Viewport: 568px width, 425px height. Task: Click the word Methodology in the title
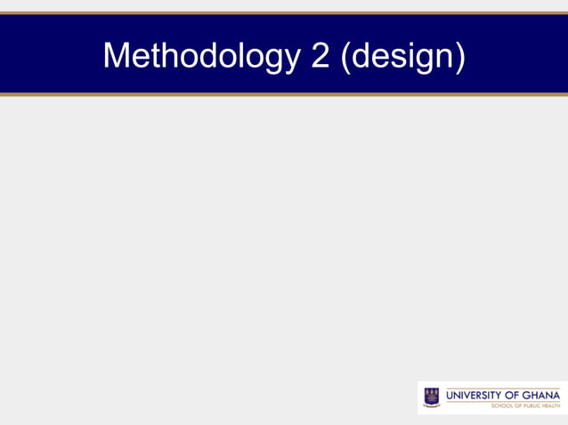click(201, 55)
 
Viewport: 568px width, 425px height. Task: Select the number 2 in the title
click(321, 55)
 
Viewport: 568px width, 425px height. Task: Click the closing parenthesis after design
click(459, 56)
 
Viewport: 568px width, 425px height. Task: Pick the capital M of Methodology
click(117, 55)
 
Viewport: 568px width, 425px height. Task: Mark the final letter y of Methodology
click(293, 59)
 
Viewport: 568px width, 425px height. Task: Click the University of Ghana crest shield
click(432, 394)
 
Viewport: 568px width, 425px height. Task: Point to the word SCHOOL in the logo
click(503, 405)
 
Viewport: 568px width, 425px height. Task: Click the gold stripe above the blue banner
click(284, 13)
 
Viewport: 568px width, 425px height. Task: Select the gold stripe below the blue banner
click(284, 94)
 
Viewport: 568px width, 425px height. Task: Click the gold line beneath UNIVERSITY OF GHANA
click(503, 401)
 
